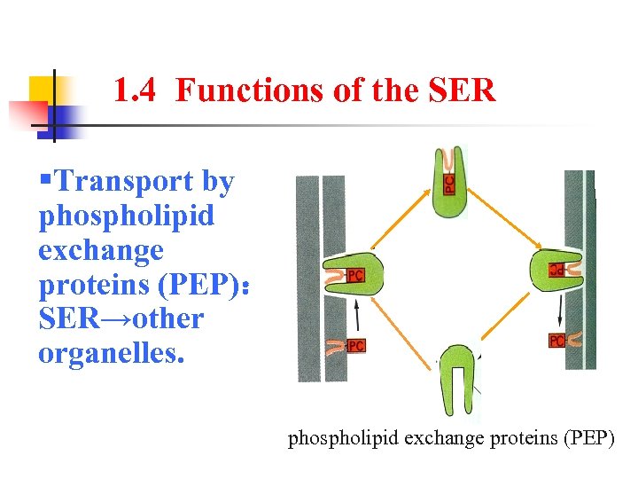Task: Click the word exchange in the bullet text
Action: [100, 250]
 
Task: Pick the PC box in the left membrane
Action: [356, 345]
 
